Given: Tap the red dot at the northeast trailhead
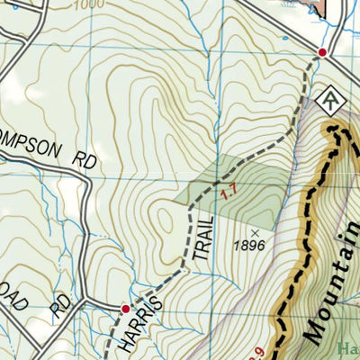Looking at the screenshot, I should (322, 54).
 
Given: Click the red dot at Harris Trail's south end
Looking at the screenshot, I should (126, 309).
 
